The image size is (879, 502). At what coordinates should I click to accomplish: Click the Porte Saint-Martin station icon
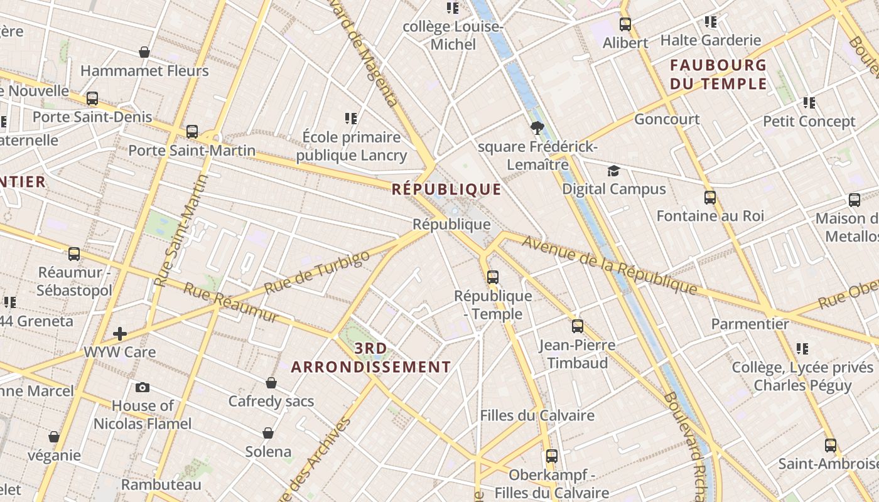192,132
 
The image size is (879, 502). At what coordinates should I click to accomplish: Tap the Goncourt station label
667,119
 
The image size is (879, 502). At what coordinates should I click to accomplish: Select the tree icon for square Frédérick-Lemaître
537,129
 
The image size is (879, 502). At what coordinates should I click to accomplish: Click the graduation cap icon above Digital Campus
613,171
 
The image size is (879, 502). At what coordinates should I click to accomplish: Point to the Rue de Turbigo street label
317,273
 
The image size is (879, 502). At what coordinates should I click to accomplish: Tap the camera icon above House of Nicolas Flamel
143,387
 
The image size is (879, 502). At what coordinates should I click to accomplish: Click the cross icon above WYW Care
120,334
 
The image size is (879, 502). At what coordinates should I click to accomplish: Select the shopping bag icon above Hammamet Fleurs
144,52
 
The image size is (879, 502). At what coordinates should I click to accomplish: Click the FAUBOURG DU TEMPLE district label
718,74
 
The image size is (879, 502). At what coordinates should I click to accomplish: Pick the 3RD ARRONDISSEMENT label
370,358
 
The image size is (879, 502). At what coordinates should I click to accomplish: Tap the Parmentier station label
750,324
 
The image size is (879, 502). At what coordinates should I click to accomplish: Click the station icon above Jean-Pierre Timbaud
578,326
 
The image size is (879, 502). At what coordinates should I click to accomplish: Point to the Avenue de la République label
609,265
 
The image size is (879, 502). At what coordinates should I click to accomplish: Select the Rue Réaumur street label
230,302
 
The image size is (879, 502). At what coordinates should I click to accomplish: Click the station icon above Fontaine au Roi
710,198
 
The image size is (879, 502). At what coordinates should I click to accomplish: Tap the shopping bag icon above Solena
268,433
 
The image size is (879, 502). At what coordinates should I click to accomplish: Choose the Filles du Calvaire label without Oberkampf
537,415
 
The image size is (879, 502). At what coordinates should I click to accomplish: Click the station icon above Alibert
625,24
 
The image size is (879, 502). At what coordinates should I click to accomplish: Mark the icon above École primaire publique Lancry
351,118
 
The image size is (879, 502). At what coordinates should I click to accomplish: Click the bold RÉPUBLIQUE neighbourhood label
446,190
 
